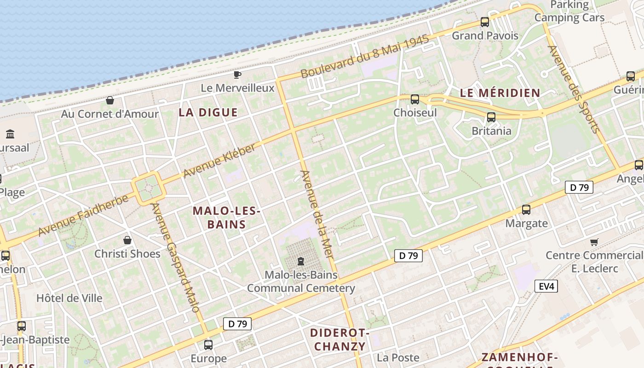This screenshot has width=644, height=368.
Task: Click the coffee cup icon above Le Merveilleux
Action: tap(237, 75)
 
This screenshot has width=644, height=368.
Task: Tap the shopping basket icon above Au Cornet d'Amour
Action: tap(110, 100)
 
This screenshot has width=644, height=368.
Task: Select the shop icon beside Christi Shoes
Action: tap(127, 240)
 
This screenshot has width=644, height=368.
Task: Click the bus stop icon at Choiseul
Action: tap(415, 99)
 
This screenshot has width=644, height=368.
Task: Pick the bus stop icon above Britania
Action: tap(491, 117)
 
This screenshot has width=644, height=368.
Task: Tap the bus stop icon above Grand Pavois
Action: tap(485, 22)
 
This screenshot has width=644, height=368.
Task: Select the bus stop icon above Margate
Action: tap(526, 210)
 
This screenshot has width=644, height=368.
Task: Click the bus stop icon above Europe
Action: tap(208, 345)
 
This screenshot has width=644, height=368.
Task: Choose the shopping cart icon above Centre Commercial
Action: tap(594, 242)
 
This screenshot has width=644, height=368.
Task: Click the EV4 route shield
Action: tap(546, 287)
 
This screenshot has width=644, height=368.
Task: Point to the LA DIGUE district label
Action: tap(208, 112)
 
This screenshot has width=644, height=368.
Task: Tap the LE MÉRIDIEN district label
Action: tap(500, 92)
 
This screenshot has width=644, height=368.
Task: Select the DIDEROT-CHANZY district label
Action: tap(339, 339)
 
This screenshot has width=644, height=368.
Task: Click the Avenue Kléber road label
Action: tap(219, 160)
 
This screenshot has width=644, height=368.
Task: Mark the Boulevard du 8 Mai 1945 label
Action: tap(365, 57)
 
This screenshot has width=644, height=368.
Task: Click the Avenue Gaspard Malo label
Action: tap(176, 258)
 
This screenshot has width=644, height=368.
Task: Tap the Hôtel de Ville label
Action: tap(69, 298)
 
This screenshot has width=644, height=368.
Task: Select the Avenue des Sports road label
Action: tap(574, 89)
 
